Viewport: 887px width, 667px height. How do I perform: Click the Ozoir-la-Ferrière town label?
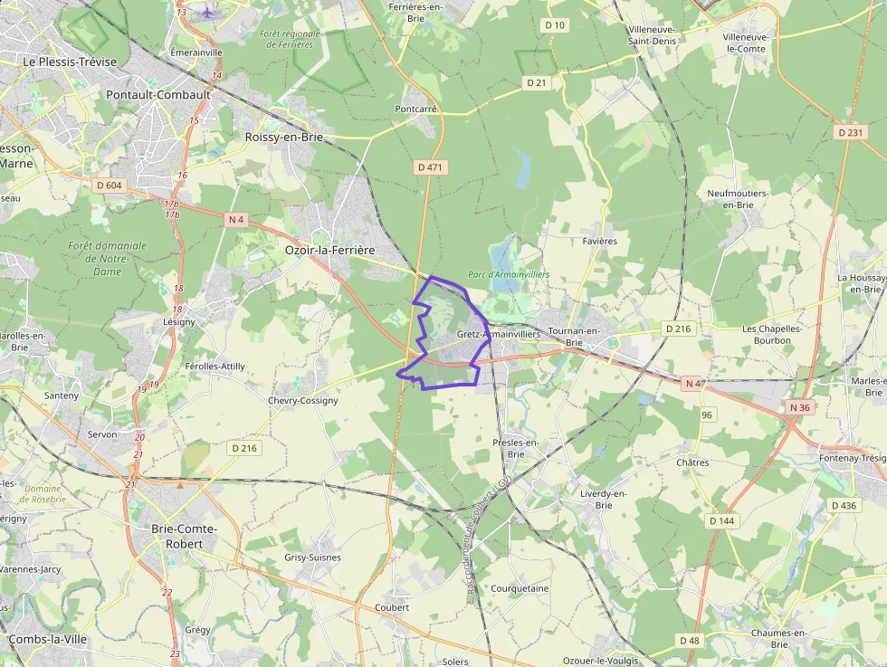coord(329,250)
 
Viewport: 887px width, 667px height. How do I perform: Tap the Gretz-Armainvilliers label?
coord(498,334)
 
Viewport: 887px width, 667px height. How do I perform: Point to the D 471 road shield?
coord(431,167)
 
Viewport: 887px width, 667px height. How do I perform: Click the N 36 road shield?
coord(800,407)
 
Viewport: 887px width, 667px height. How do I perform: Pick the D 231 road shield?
coord(851,132)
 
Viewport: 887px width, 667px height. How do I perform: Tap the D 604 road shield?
coord(109,186)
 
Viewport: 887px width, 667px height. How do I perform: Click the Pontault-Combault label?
coord(158,94)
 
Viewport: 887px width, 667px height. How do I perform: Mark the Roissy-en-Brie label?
coord(283,137)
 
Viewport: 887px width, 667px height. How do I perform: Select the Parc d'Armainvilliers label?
coord(509,274)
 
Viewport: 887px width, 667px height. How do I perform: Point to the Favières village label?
coord(599,242)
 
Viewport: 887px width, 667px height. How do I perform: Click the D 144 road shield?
coord(722,520)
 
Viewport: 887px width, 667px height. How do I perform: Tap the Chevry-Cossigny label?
coord(303,400)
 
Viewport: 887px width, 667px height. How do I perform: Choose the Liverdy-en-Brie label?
coord(603,499)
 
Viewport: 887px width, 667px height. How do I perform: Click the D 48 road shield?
coord(690,641)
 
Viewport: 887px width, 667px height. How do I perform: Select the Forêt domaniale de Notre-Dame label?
coord(107,258)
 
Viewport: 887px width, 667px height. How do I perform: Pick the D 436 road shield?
coord(843,505)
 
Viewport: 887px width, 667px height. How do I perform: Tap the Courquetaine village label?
coord(520,588)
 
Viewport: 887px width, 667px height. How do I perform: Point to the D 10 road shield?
coord(555,25)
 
